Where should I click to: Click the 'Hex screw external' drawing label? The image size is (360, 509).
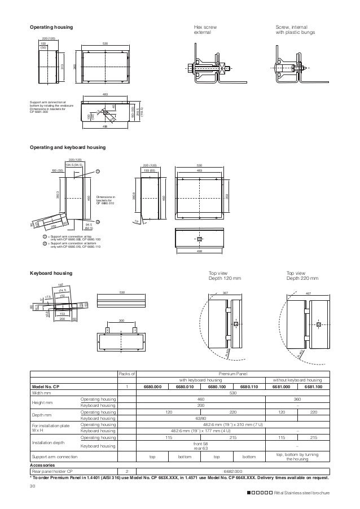205,30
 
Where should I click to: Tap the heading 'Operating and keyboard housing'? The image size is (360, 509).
68,147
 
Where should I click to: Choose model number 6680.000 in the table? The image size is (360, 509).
152,386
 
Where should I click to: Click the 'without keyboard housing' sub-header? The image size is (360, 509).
297,380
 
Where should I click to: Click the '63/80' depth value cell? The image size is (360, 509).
200,419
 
